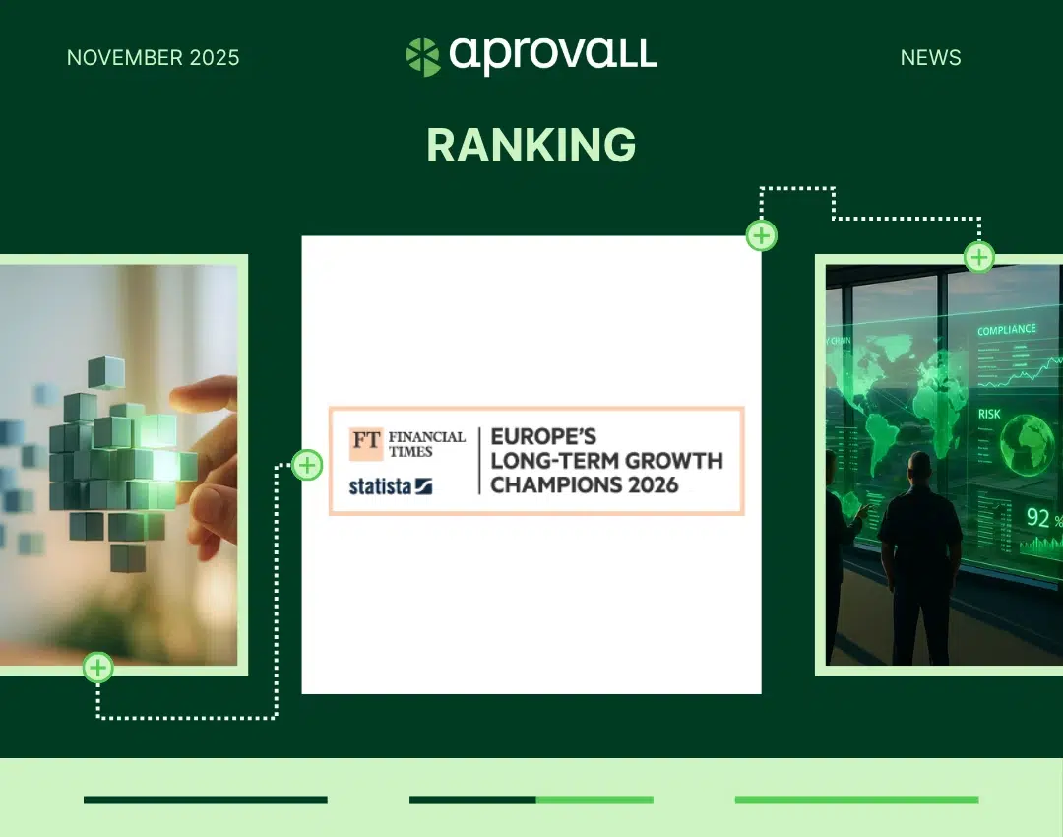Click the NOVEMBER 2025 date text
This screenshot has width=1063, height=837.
click(154, 58)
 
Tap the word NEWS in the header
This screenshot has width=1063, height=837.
click(930, 58)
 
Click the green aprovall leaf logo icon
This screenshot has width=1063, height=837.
click(423, 57)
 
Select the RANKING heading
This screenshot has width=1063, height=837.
click(531, 145)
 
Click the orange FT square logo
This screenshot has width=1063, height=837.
click(366, 443)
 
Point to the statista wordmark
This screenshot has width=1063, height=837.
click(390, 486)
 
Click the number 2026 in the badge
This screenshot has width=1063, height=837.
click(653, 485)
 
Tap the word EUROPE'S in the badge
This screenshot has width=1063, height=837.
click(543, 436)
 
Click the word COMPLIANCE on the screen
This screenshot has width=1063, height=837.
click(1007, 330)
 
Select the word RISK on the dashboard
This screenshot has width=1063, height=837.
click(989, 414)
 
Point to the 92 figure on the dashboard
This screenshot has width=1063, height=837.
click(1037, 518)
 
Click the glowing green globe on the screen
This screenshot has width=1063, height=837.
click(1028, 444)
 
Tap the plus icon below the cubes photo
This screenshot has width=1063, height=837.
click(98, 668)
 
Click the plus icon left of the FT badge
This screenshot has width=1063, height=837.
click(307, 466)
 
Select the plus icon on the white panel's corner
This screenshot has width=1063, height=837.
click(761, 236)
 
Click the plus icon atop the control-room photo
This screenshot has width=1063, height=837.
click(979, 257)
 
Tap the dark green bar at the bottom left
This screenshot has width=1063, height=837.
click(206, 800)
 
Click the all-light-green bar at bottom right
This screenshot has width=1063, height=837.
click(857, 800)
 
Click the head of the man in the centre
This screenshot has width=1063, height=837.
click(919, 469)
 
